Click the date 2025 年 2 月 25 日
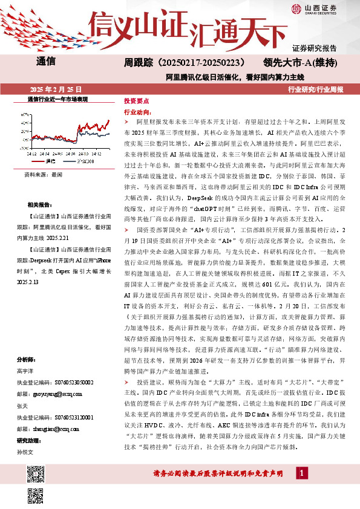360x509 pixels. coord(50,89)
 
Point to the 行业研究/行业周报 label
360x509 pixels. coord(315,89)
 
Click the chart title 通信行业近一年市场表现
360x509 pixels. coord(58,99)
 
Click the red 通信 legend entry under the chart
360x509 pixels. coord(47,161)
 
